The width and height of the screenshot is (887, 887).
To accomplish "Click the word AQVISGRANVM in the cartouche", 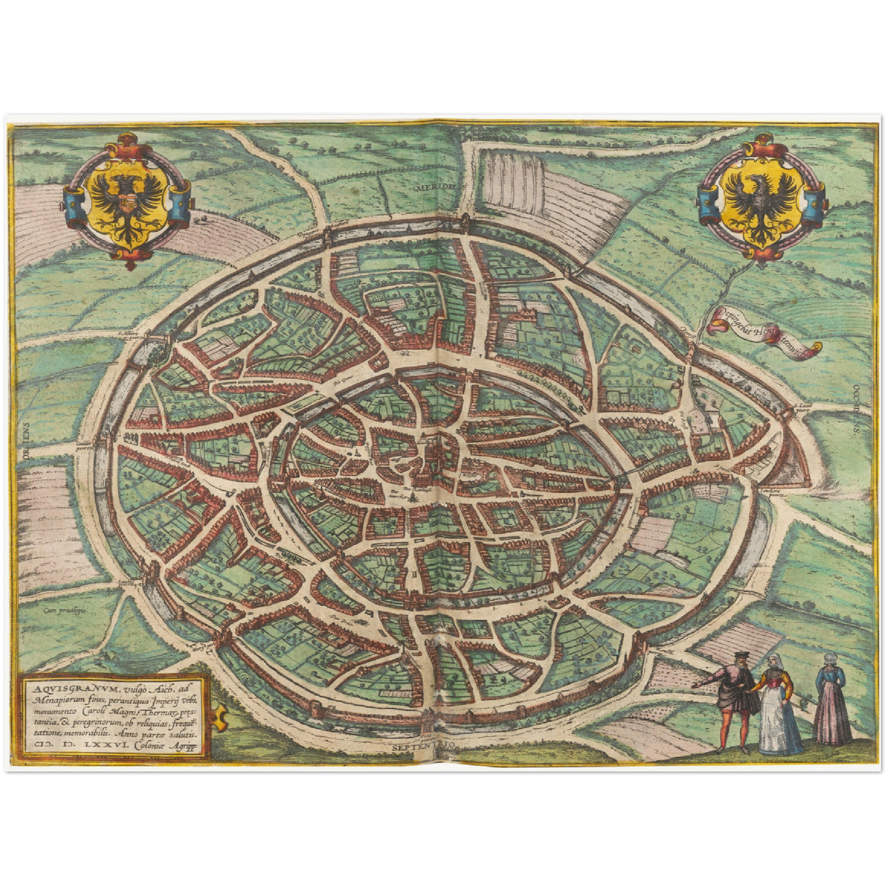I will [x=59, y=689].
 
